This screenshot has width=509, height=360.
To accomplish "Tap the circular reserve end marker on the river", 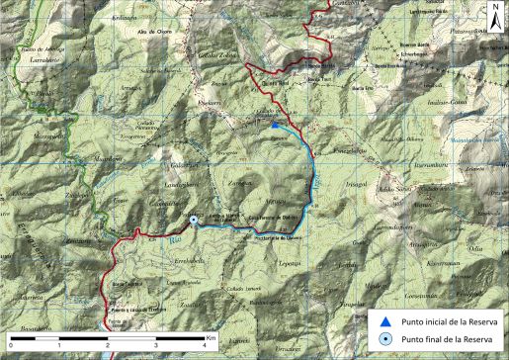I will pos(194,221).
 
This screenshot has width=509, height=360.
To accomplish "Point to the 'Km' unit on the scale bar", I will pos(212,336).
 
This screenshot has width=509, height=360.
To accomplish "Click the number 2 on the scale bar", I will pos(107,344).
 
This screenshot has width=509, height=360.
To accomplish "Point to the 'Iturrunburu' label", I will pos(433,154).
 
